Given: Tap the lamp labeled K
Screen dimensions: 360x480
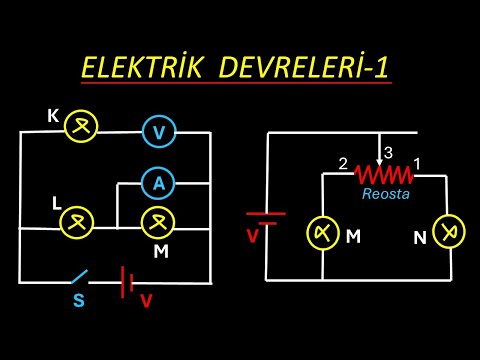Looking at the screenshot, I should click(x=80, y=127).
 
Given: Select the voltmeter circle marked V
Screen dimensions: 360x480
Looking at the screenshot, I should click(x=158, y=132).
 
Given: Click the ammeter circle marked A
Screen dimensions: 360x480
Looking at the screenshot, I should click(x=158, y=183).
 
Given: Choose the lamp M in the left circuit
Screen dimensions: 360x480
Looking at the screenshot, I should click(x=157, y=222).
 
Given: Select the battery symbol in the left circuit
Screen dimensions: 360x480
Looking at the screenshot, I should click(x=127, y=281).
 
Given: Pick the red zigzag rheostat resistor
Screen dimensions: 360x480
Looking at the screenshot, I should click(x=384, y=174).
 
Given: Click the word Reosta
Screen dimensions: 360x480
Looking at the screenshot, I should click(x=386, y=194).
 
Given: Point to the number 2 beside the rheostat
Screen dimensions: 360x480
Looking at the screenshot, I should click(x=342, y=163).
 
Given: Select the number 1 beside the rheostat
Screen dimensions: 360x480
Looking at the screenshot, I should click(x=417, y=163).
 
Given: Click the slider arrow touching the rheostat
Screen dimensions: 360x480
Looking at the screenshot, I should click(x=379, y=157).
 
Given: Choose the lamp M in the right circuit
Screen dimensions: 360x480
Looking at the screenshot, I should click(x=323, y=232).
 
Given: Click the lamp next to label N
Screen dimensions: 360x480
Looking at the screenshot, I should click(x=451, y=234).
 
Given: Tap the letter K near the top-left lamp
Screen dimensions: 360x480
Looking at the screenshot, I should click(x=52, y=116).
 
